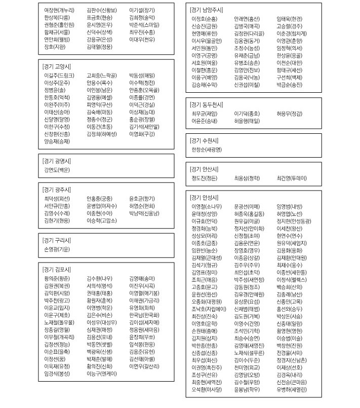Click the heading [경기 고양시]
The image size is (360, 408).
coord(57,66)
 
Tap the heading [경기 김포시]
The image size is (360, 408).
coord(57,268)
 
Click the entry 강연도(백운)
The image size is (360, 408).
coord(57,169)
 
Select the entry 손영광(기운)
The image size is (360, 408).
coord(57,249)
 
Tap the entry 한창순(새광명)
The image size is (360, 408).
coord(207,150)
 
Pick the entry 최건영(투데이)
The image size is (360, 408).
coord(292,178)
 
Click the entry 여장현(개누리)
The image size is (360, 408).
coord(59,10)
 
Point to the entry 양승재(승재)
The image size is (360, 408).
coord(57,141)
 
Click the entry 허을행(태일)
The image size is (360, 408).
coord(247,122)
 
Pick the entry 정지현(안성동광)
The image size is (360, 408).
coord(294,221)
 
